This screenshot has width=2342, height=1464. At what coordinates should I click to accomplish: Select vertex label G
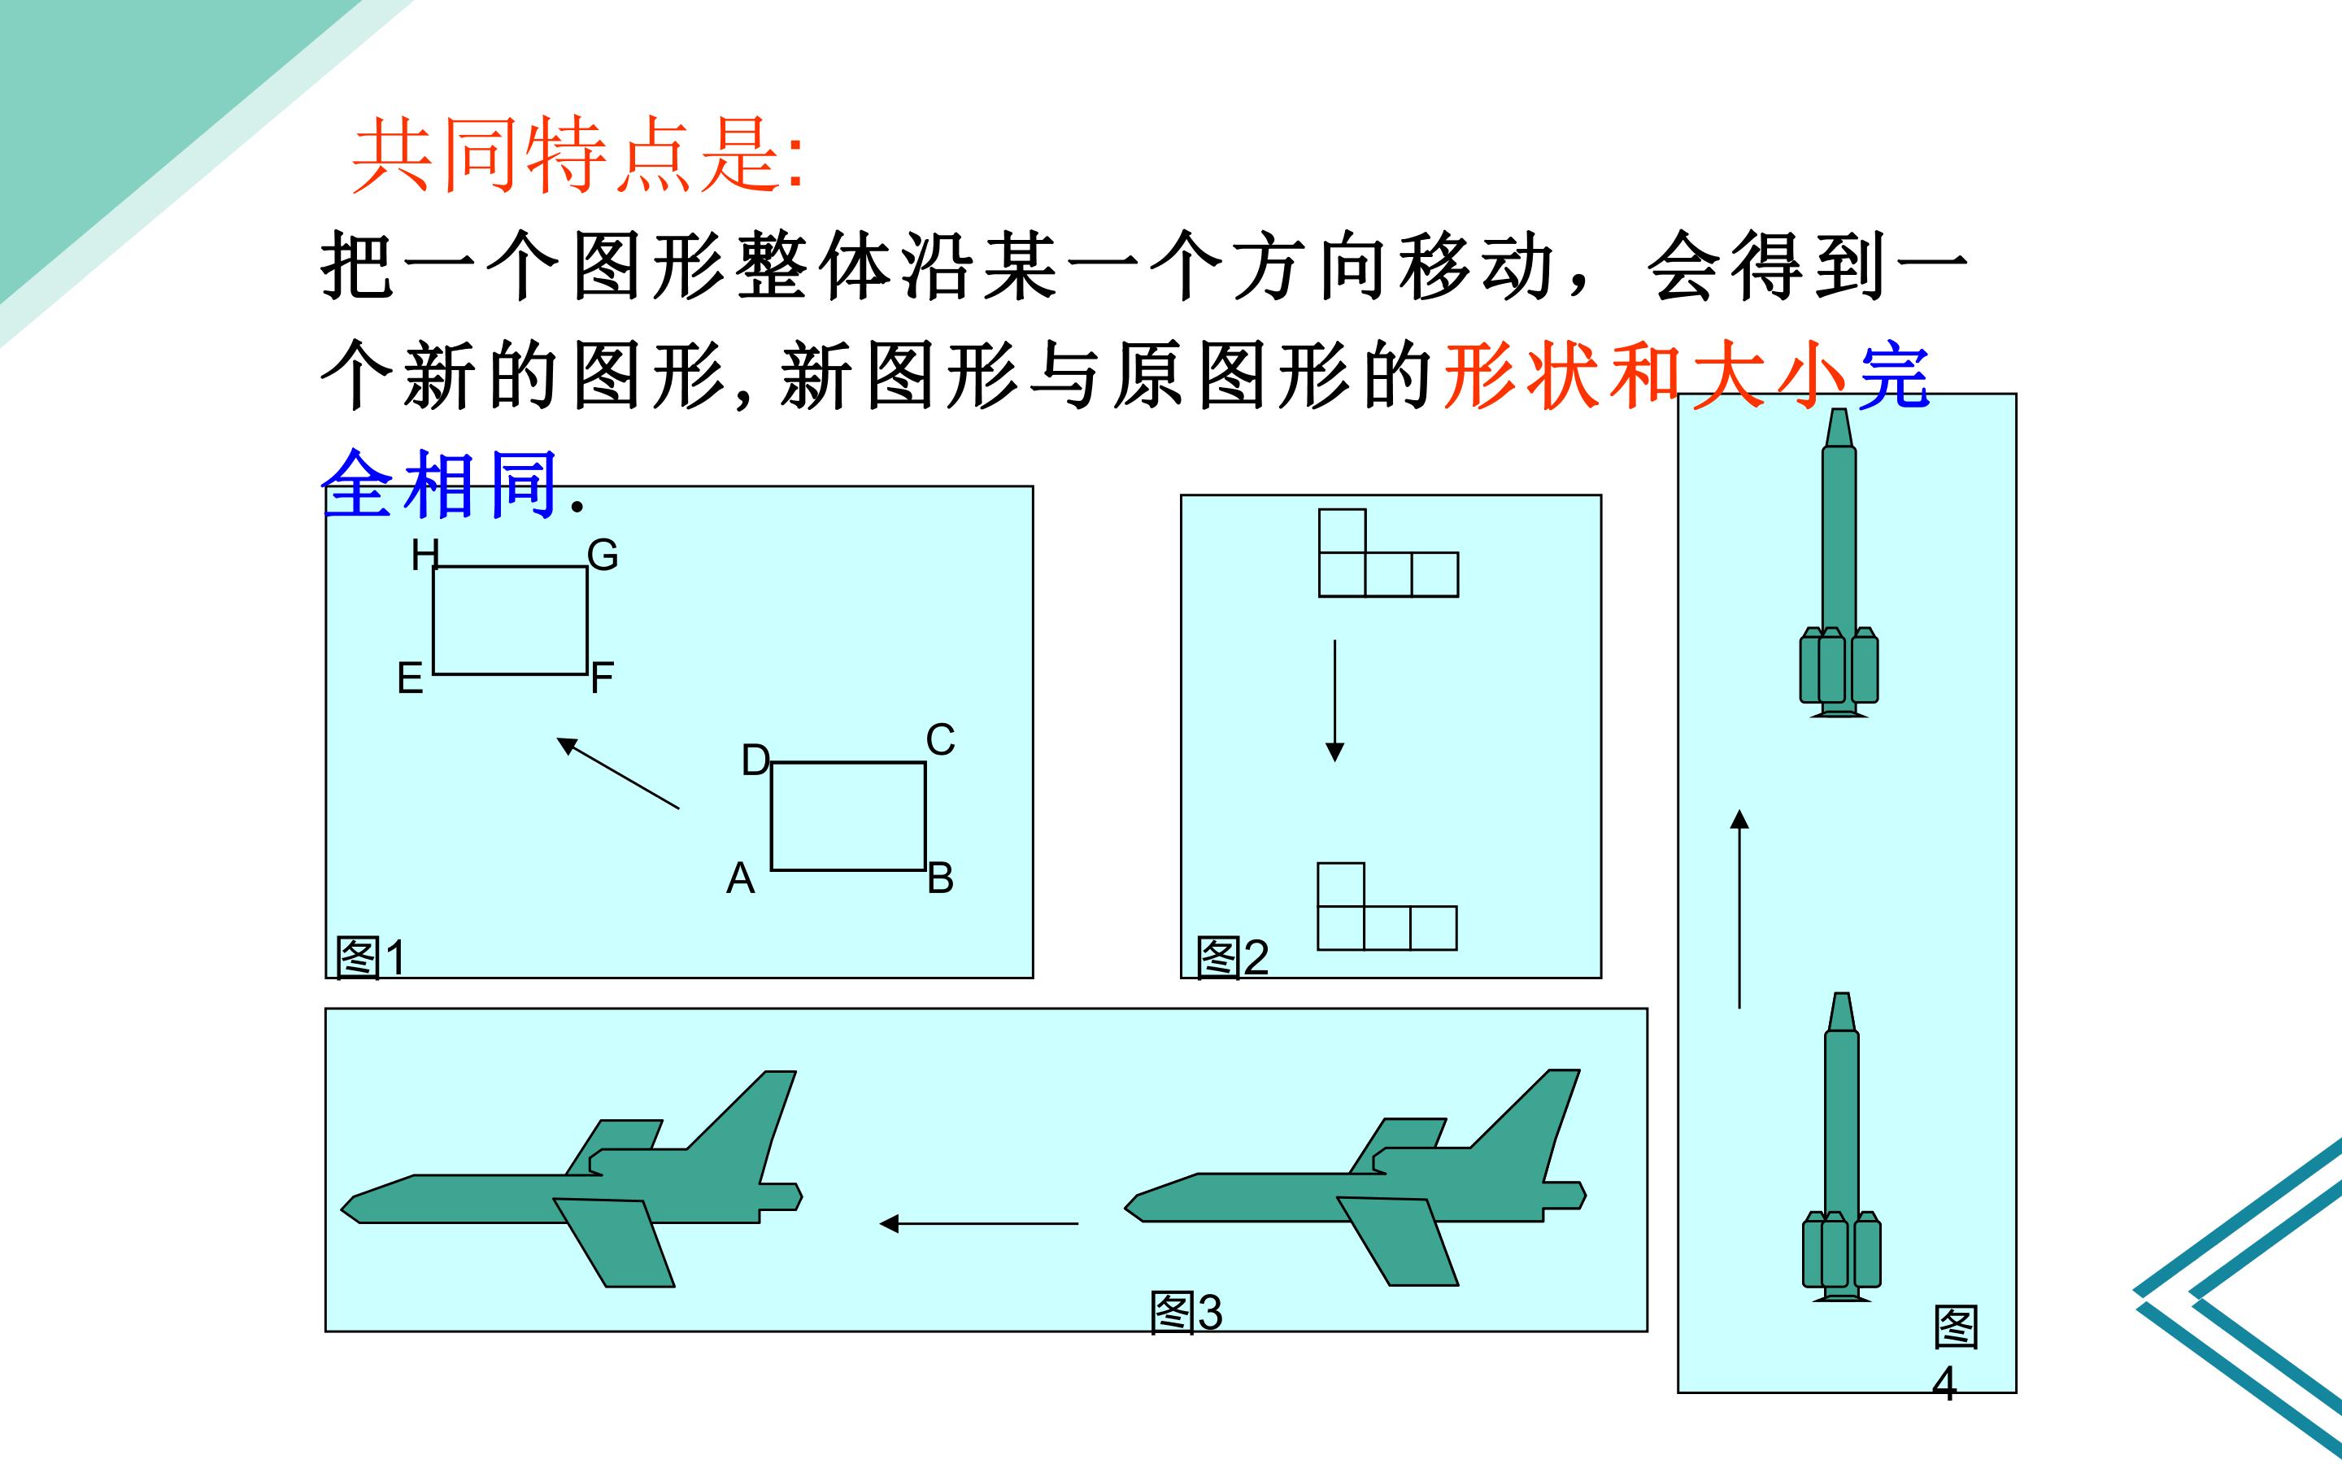tap(603, 555)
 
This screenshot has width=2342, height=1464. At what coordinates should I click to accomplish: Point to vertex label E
tap(411, 678)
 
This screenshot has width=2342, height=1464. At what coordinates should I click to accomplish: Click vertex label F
tap(602, 677)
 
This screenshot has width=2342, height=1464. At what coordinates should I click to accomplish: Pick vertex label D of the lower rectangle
tap(755, 761)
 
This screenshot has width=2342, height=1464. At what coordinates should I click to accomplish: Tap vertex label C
tap(941, 740)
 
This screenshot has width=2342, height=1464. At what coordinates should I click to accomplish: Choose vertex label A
tap(740, 878)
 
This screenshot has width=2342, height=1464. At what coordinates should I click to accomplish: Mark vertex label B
tap(941, 878)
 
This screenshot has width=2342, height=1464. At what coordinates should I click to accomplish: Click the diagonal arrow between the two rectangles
tap(617, 773)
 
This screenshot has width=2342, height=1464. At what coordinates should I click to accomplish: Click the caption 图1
tap(371, 957)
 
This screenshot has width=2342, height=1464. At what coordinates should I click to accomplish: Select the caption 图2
tap(1232, 956)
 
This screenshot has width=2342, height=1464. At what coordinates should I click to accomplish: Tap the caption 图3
tap(1186, 1313)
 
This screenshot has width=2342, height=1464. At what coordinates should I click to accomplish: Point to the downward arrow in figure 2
tap(1334, 700)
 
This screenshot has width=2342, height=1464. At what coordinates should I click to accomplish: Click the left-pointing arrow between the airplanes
tap(978, 1224)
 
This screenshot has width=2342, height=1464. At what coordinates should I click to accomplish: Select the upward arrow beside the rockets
tap(1739, 909)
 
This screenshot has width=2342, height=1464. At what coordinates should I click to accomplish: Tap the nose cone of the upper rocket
tap(1839, 429)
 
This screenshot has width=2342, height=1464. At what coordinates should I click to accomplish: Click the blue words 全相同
tap(439, 483)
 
